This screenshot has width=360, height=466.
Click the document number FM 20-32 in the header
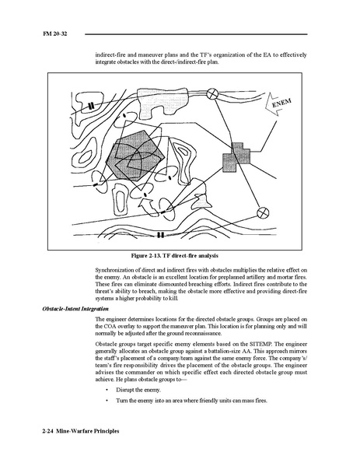[55, 33]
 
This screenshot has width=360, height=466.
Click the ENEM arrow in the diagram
[278, 104]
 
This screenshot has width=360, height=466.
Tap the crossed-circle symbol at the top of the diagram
[212, 94]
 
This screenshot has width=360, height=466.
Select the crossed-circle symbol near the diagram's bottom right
[263, 213]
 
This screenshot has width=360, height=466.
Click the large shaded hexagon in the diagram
[135, 156]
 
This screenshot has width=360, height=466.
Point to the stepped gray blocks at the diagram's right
[236, 157]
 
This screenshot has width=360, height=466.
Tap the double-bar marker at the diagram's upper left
[92, 106]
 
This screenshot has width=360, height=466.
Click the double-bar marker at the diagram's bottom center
[160, 235]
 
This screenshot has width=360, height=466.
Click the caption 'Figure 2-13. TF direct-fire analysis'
[175, 256]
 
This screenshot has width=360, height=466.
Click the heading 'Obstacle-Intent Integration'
[75, 309]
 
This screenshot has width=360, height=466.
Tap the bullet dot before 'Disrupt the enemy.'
[107, 390]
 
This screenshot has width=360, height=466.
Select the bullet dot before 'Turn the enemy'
[107, 401]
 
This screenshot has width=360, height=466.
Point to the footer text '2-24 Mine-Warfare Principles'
[81, 431]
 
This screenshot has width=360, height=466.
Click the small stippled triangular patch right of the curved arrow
[202, 202]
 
